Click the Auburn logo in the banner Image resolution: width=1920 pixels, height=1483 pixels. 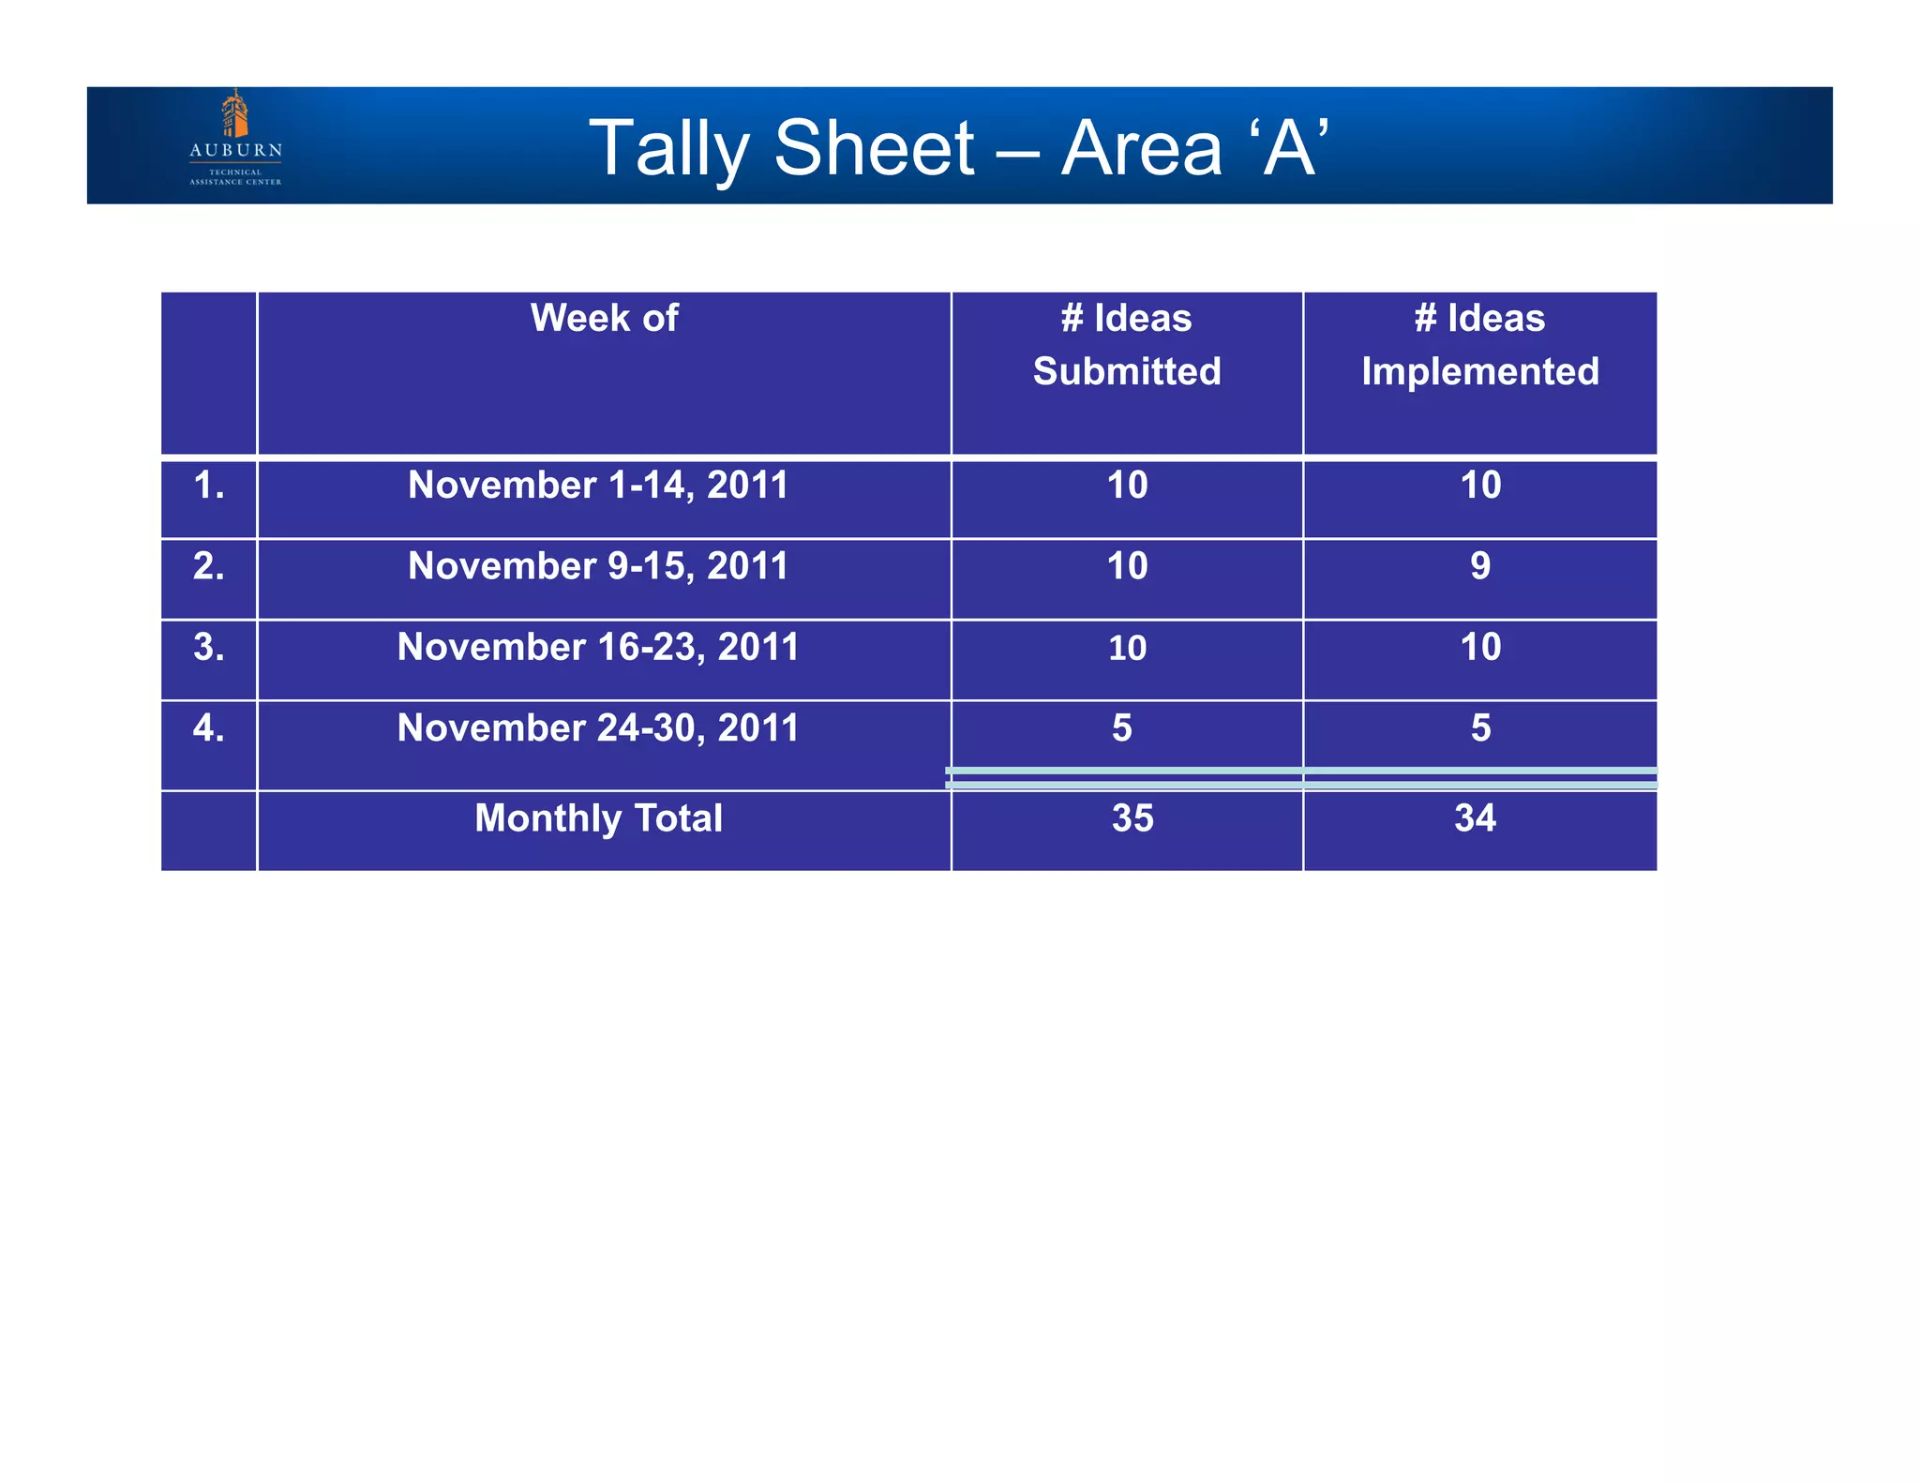(x=235, y=139)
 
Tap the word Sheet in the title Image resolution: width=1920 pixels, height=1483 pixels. (x=875, y=148)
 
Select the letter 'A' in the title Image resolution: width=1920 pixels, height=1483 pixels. (x=1289, y=148)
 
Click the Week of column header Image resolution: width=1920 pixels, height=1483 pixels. (x=604, y=319)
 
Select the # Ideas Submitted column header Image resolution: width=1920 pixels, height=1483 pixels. (x=1127, y=345)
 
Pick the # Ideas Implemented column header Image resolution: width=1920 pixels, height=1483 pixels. (x=1479, y=345)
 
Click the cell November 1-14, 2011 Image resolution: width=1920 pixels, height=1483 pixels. (x=598, y=486)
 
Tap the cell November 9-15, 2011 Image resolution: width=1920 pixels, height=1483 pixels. (x=598, y=566)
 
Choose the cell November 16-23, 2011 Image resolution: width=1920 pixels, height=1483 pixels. (x=598, y=647)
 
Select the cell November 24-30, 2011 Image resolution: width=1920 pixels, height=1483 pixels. (x=598, y=728)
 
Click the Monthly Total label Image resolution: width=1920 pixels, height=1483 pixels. (x=598, y=818)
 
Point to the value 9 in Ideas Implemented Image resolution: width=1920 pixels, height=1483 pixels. (x=1480, y=566)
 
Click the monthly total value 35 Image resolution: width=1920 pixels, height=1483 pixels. (x=1132, y=818)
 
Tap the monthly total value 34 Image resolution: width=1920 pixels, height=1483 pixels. (x=1475, y=818)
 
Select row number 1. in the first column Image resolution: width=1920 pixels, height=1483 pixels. (x=208, y=486)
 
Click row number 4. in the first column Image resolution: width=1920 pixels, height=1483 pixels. (x=208, y=728)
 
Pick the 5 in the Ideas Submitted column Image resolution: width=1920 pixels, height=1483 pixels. (x=1122, y=728)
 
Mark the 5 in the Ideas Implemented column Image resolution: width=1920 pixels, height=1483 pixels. (x=1480, y=728)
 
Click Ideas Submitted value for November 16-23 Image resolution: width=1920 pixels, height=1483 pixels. (x=1127, y=648)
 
